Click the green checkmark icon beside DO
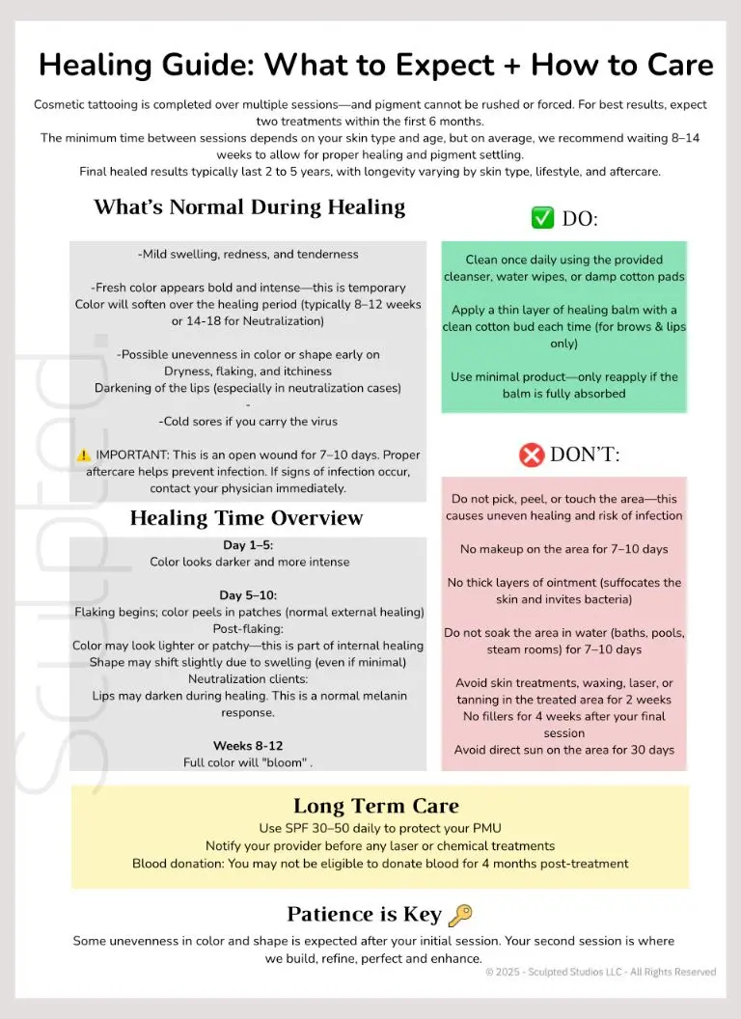pyautogui.click(x=542, y=218)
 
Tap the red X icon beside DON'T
pyautogui.click(x=532, y=454)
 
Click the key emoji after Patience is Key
pyautogui.click(x=461, y=915)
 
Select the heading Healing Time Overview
pyautogui.click(x=246, y=518)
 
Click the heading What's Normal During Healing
pyautogui.click(x=249, y=207)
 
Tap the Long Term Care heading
pyautogui.click(x=376, y=806)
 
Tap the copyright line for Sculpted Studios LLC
pyautogui.click(x=600, y=972)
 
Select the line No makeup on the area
pyautogui.click(x=564, y=549)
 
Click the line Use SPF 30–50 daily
pyautogui.click(x=379, y=829)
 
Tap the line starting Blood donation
pyautogui.click(x=379, y=864)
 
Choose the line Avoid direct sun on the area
pyautogui.click(x=564, y=750)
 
